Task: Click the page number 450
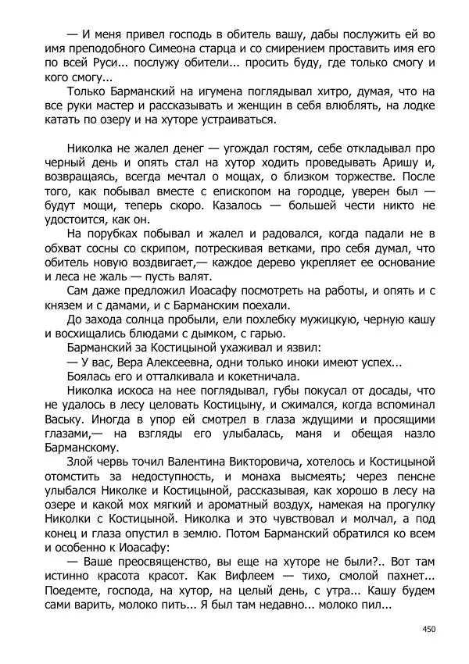[x=428, y=628]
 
